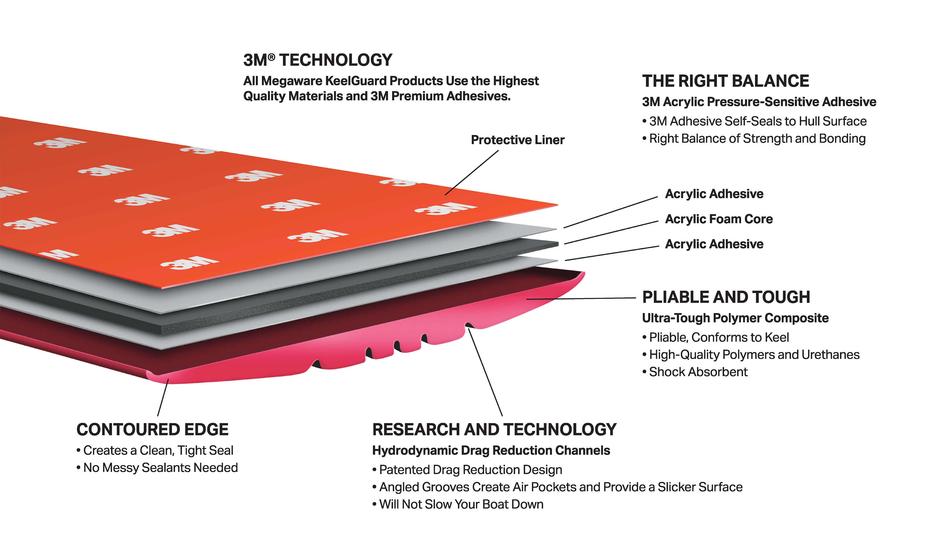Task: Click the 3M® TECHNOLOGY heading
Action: click(x=318, y=60)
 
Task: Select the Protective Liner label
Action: click(x=518, y=140)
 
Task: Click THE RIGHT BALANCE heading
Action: click(x=725, y=81)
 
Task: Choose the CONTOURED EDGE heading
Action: click(x=152, y=429)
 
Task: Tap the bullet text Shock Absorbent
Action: click(x=698, y=372)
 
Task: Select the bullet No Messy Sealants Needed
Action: click(x=160, y=468)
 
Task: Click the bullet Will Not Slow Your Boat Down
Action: click(x=461, y=504)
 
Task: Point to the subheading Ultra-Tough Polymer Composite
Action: click(x=735, y=318)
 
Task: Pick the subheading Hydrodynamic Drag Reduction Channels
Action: click(x=491, y=450)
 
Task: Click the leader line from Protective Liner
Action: click(x=472, y=173)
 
